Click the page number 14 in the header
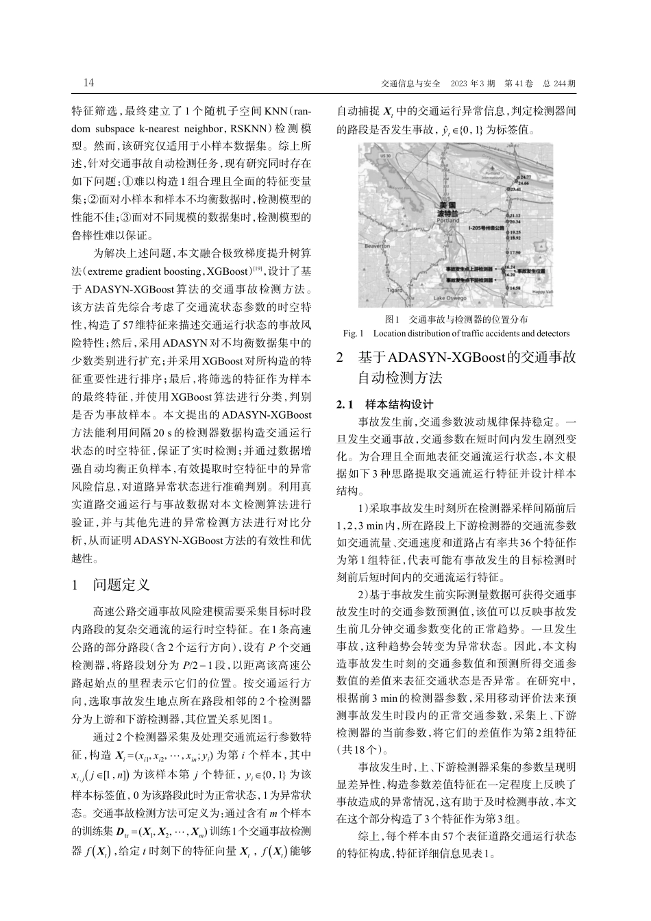click(x=88, y=83)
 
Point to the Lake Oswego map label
click(x=451, y=299)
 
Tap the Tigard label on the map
click(x=395, y=290)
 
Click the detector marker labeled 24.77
click(x=524, y=177)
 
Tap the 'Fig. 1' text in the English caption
click(x=352, y=334)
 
